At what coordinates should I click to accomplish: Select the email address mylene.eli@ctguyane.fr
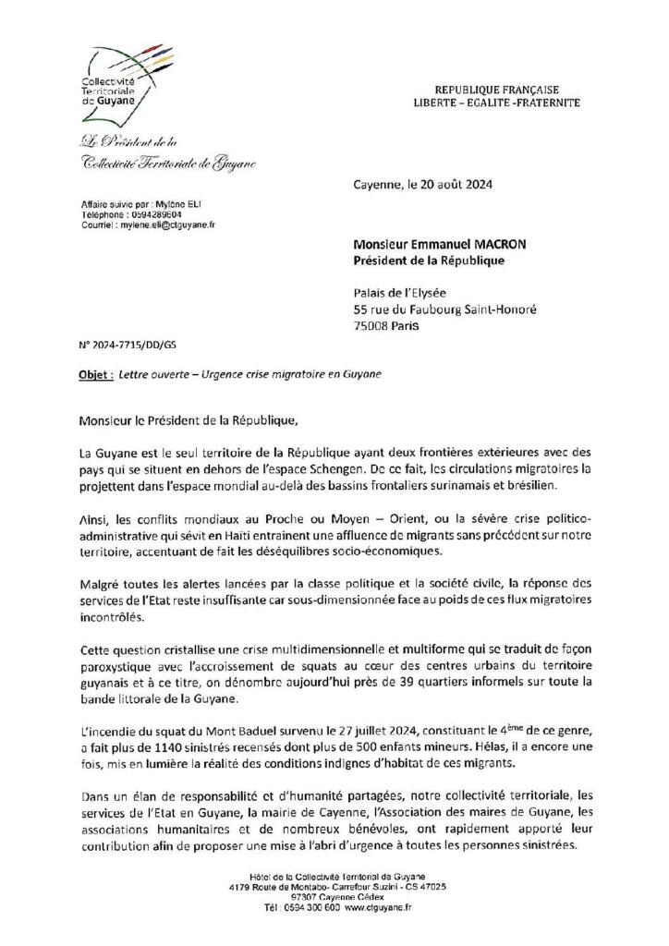[161, 224]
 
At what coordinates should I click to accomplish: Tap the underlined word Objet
[90, 374]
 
